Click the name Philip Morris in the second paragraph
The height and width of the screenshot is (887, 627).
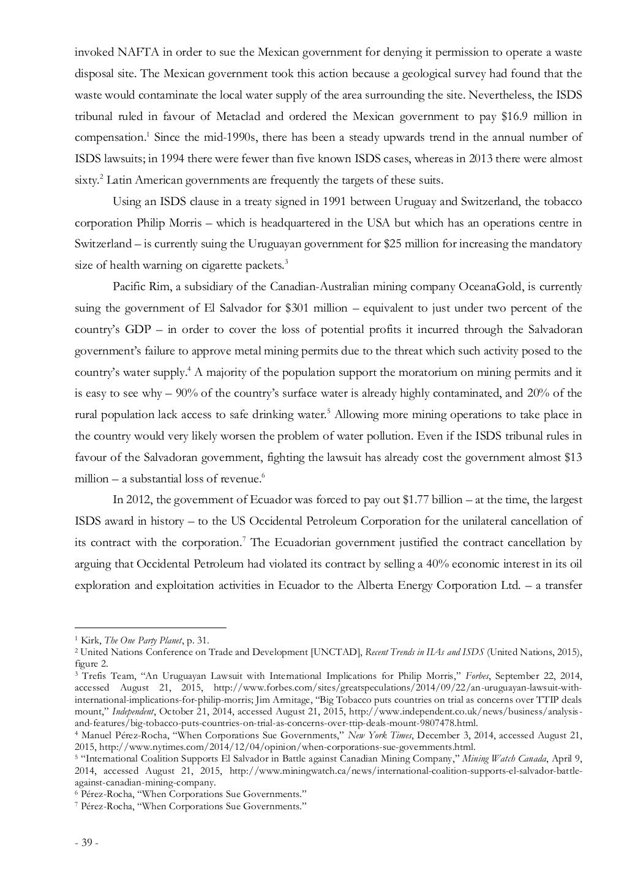pos(161,222)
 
